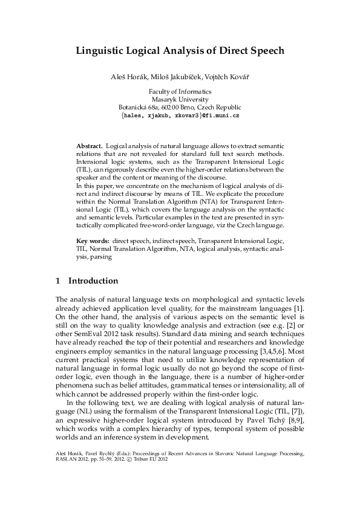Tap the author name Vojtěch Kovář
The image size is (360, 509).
(x=226, y=79)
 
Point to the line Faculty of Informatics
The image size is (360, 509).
(x=180, y=91)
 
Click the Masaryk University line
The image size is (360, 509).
(x=180, y=99)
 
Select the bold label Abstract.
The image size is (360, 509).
(x=89, y=146)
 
